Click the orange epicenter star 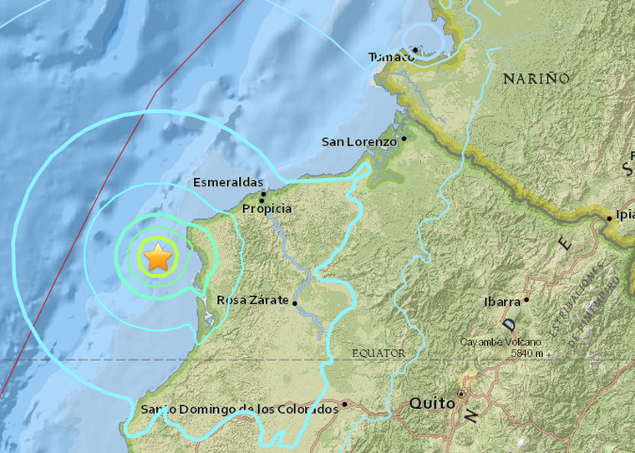tap(158, 257)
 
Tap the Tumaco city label tap(391, 57)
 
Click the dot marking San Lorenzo tap(404, 139)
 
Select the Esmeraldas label tap(227, 182)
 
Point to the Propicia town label tap(267, 208)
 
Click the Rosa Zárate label tap(252, 300)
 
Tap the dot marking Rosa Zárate tap(295, 304)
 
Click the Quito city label tap(432, 404)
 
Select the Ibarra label tap(502, 302)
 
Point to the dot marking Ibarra tap(526, 298)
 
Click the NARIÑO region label tap(536, 79)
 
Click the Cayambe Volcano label tap(500, 342)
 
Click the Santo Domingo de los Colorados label tap(239, 409)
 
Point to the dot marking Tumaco tap(414, 50)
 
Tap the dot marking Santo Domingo tap(344, 404)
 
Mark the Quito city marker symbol tap(461, 393)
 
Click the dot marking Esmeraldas tap(262, 194)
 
